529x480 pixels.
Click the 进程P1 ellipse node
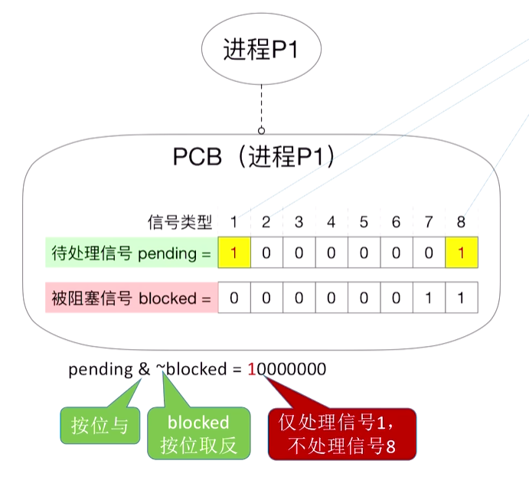(x=260, y=51)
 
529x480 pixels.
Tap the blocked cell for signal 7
(x=429, y=298)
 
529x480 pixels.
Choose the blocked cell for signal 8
(x=461, y=298)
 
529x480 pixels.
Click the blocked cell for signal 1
(x=233, y=298)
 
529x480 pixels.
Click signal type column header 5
(x=364, y=223)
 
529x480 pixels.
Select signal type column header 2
(x=266, y=223)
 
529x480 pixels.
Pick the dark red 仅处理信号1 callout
(x=342, y=433)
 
